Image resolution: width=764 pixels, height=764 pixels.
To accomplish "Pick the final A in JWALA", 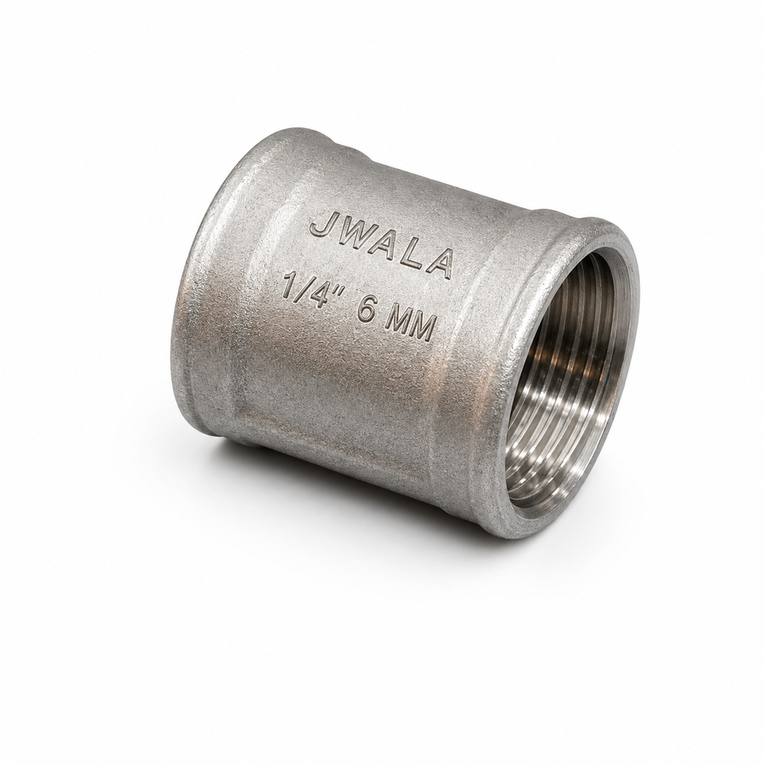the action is click(439, 265).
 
